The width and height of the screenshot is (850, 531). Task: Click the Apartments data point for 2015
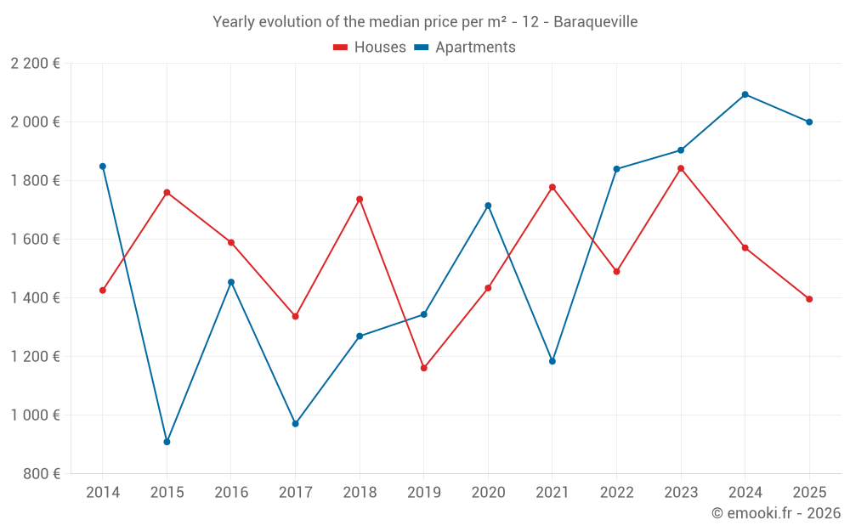167,442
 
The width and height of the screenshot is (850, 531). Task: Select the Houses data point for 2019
424,368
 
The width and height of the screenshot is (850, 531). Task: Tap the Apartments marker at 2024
745,94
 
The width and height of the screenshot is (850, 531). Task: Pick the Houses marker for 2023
681,168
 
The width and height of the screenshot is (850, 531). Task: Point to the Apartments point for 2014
103,167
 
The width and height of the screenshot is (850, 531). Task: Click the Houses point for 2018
360,199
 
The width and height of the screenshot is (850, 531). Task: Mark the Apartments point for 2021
552,361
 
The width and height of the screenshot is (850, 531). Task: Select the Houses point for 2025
809,299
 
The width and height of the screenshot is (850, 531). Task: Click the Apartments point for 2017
295,423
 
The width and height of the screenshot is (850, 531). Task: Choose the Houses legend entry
370,48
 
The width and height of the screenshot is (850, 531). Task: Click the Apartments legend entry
465,48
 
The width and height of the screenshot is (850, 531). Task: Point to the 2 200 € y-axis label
35,64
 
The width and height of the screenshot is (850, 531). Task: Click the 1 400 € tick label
35,298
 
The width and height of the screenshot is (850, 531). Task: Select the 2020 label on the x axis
488,493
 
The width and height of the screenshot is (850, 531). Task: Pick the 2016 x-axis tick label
231,493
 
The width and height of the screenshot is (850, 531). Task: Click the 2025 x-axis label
809,493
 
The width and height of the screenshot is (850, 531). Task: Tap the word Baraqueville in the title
595,22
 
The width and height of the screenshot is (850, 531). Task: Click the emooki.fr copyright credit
776,513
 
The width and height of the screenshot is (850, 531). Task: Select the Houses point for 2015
167,192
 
